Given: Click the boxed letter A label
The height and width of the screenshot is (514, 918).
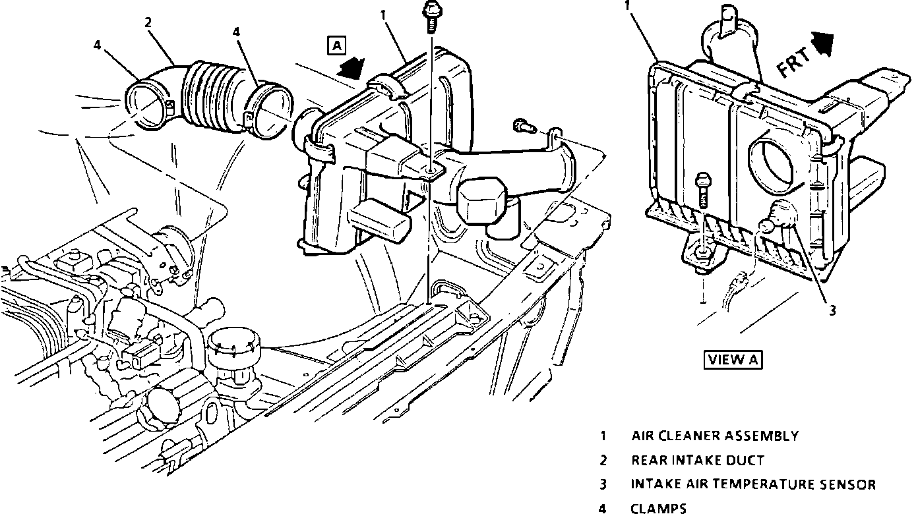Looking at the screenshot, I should [336, 45].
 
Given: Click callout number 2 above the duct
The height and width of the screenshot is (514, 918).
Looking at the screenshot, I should [148, 22].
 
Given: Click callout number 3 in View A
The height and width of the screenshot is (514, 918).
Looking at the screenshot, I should [832, 311].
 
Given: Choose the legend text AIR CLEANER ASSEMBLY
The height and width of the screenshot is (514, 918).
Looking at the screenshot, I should [715, 436].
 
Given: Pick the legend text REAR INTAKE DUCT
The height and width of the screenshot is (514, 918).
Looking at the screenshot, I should [697, 460].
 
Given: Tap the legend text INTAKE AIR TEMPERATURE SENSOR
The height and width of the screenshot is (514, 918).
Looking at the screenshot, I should [753, 484].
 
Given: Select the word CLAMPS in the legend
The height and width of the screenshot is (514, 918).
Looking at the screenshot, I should [659, 508].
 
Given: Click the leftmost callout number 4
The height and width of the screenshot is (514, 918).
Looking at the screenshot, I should [97, 46].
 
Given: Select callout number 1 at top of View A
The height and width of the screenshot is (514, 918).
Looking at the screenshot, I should [628, 5].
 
